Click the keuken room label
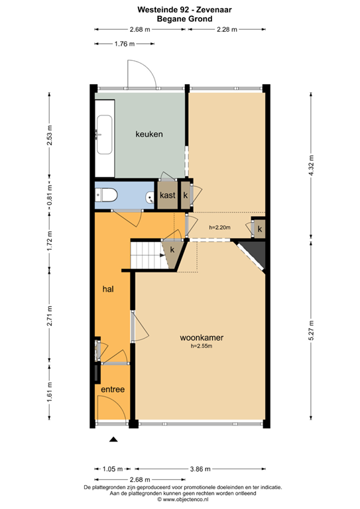149,135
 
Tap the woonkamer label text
202,337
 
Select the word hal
108,290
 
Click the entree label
113,389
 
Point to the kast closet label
167,196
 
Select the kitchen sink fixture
104,135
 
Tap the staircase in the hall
147,255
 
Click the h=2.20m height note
219,228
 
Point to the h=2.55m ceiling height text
202,346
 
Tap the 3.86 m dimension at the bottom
200,469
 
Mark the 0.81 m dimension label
49,196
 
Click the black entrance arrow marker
113,439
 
